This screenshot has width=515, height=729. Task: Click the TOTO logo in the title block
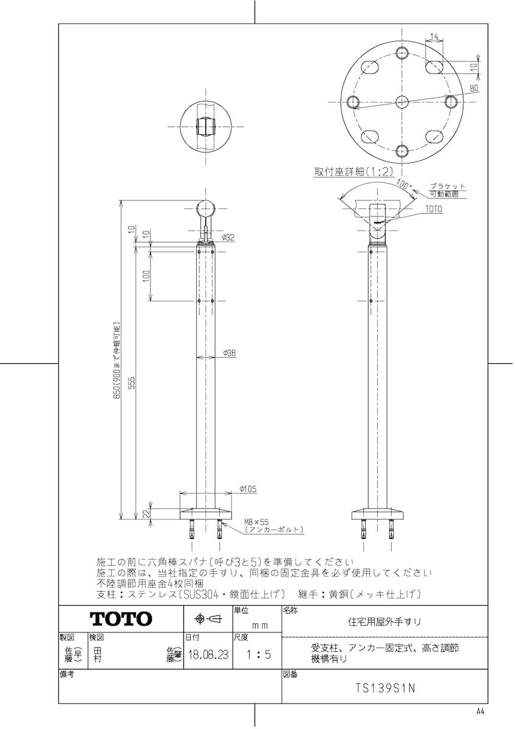121,619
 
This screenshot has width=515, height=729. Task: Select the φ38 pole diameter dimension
229,352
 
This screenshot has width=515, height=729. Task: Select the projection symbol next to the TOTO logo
207,619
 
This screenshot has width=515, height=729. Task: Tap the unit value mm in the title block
260,625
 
